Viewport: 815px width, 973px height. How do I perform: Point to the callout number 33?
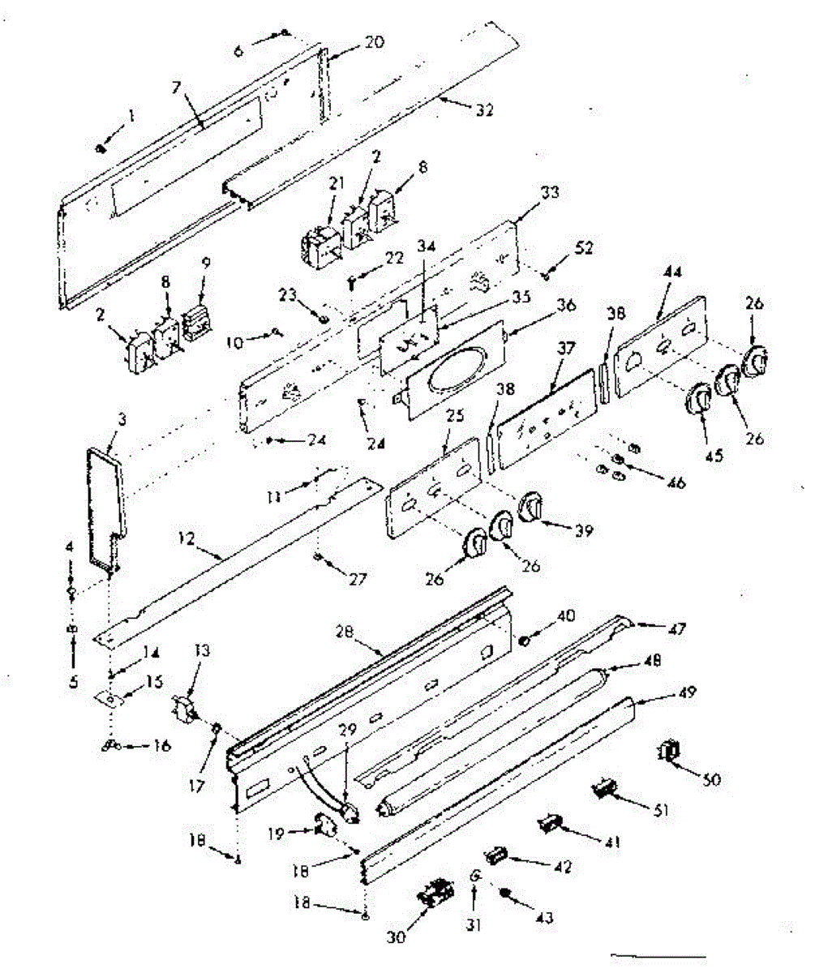click(549, 193)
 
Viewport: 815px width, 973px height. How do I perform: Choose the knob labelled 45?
click(699, 401)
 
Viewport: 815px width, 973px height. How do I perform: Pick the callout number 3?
click(100, 420)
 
